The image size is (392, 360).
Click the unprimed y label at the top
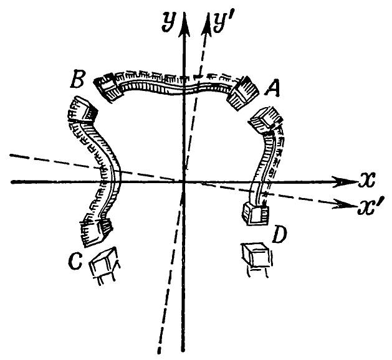(169, 22)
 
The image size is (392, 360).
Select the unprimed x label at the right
(366, 180)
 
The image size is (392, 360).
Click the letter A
(272, 88)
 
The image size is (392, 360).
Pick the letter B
(77, 79)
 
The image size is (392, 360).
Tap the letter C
(75, 260)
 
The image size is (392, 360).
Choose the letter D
(279, 235)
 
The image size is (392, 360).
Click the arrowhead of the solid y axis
(184, 24)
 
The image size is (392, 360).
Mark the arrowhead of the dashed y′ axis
(208, 24)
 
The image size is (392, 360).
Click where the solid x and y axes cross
(184, 182)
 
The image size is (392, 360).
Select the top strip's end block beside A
(242, 93)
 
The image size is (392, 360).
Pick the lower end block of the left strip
(96, 232)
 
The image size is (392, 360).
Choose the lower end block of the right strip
(256, 214)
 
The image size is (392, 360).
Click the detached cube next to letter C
(105, 266)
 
